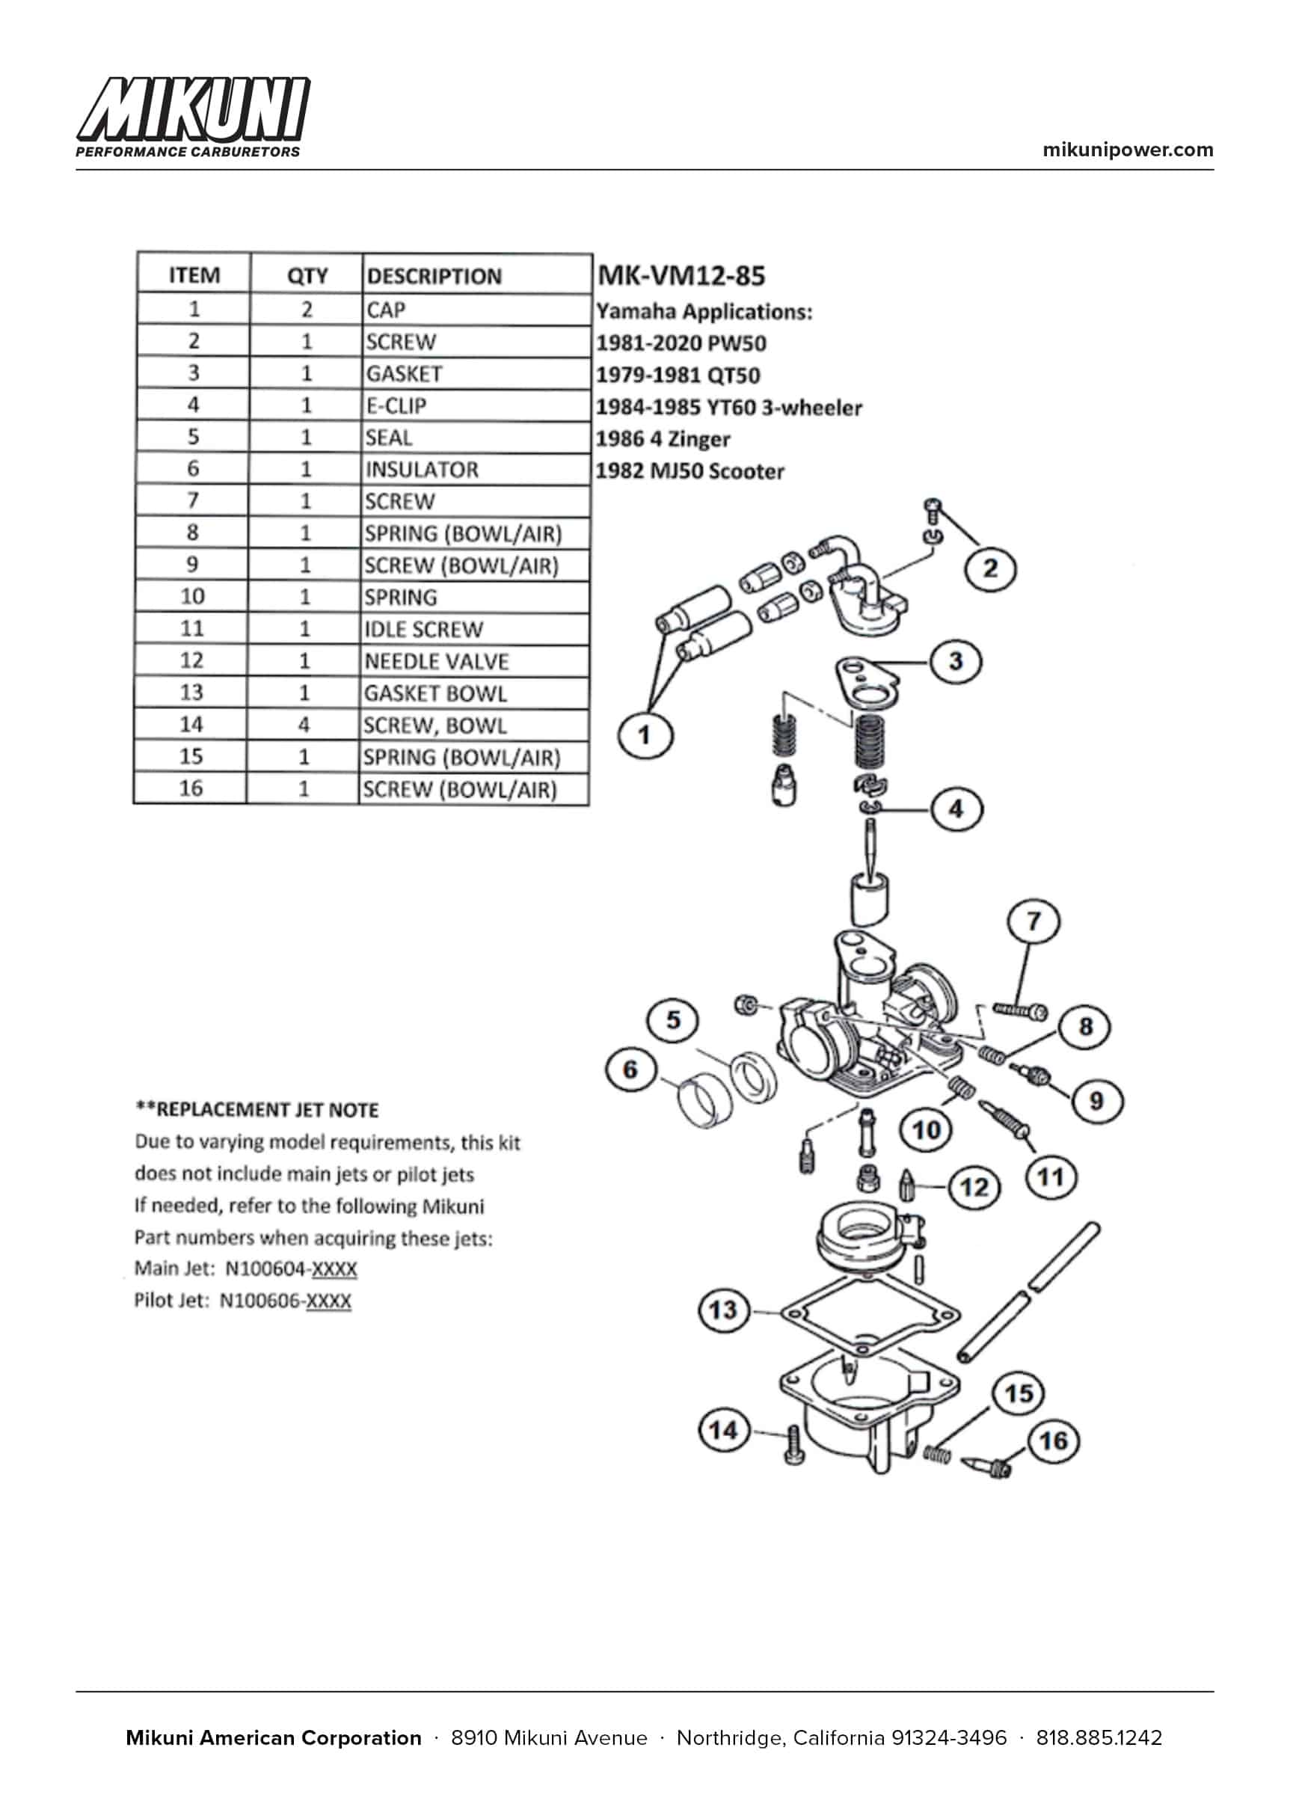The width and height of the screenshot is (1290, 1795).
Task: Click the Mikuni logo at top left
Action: coord(192,117)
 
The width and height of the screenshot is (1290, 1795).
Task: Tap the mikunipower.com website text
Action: coord(1128,150)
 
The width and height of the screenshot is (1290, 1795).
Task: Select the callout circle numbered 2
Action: coord(989,568)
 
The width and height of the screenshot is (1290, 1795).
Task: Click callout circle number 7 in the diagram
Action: coord(1033,922)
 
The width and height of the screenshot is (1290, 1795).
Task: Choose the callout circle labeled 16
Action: coord(1054,1441)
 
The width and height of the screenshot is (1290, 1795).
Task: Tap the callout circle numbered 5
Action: coord(674,1020)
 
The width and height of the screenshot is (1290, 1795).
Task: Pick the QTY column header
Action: coord(307,275)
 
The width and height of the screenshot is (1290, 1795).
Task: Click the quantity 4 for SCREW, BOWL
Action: coord(304,725)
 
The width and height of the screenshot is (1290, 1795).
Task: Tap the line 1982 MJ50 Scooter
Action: coord(689,471)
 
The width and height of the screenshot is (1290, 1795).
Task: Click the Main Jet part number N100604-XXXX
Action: coord(290,1268)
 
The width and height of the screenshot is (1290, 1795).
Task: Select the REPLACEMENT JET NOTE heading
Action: coord(257,1110)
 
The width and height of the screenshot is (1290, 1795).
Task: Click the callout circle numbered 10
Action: coord(926,1129)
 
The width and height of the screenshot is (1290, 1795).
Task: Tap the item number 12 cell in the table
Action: coord(191,660)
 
